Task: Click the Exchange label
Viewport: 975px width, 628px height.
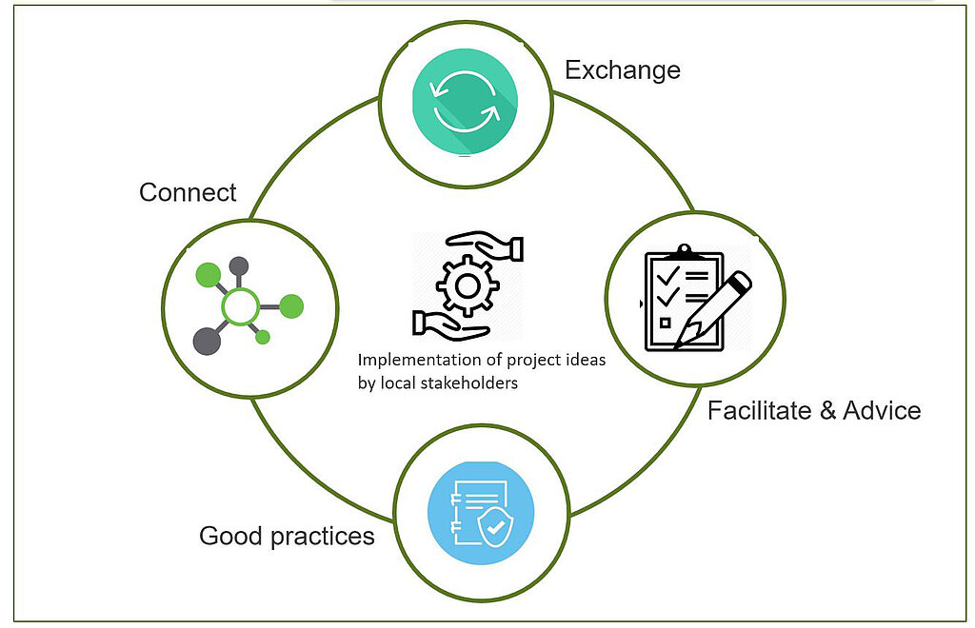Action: (623, 70)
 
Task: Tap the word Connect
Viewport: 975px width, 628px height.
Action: (188, 192)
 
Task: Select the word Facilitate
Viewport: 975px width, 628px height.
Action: (760, 411)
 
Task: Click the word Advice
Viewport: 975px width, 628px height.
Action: (882, 411)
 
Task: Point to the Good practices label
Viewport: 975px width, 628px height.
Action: (287, 536)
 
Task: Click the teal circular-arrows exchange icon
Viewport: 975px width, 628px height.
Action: (465, 102)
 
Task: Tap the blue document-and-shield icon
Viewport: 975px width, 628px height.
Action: (481, 513)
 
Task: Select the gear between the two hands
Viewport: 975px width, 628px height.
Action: (468, 286)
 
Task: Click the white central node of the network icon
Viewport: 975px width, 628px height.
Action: (240, 306)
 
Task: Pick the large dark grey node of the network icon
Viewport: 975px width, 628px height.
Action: (207, 341)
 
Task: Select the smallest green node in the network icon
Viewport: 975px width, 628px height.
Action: (263, 337)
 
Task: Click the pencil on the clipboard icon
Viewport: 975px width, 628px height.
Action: (712, 308)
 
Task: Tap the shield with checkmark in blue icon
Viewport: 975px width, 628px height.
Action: (494, 529)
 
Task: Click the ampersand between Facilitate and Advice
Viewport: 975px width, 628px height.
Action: (827, 411)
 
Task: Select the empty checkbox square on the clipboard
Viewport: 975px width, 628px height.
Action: (665, 323)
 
